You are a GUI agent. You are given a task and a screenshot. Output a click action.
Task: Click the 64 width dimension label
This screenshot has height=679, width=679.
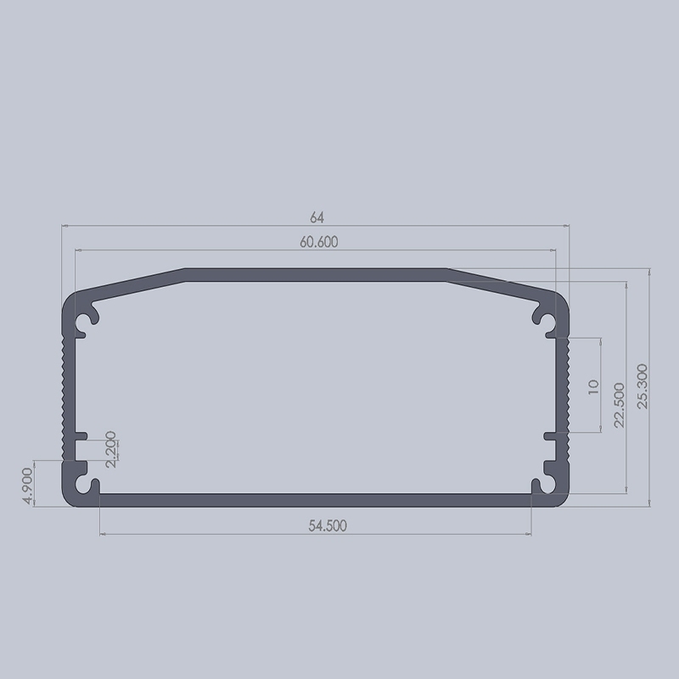[317, 217]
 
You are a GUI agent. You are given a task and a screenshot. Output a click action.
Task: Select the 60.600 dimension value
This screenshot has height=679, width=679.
[318, 242]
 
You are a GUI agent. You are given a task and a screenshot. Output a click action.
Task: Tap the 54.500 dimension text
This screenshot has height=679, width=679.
[327, 526]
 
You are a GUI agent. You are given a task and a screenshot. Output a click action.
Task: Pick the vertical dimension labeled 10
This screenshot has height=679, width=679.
[593, 387]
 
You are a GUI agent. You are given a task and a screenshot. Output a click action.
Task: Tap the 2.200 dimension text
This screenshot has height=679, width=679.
[112, 450]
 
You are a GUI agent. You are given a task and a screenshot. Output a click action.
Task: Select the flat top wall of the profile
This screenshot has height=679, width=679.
[316, 275]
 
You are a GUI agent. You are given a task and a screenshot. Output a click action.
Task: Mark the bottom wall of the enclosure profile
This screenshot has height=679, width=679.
[316, 499]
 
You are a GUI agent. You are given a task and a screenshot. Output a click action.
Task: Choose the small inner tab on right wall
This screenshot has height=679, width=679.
[549, 436]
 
